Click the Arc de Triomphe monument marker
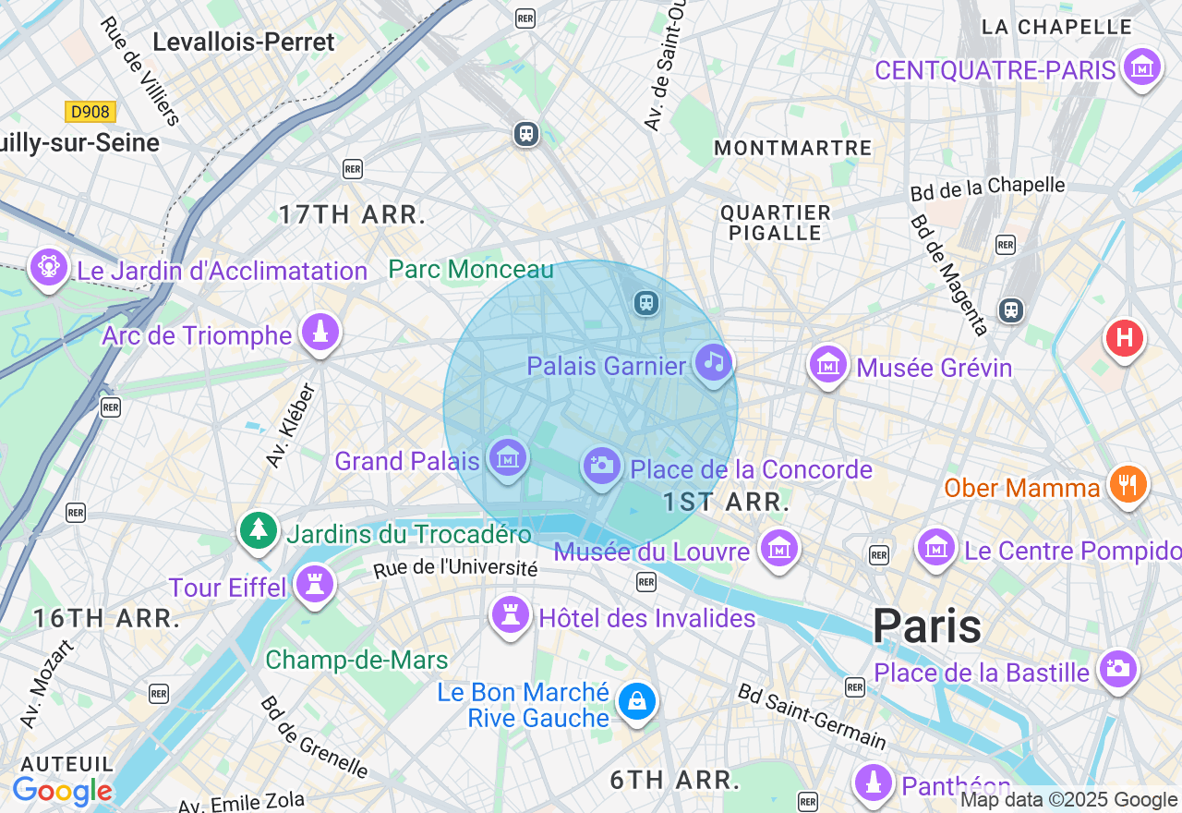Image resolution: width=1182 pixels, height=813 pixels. (320, 333)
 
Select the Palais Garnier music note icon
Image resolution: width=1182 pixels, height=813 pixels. (714, 362)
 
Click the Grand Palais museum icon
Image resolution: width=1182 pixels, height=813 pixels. (508, 457)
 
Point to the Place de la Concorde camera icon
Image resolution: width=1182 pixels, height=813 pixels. (601, 466)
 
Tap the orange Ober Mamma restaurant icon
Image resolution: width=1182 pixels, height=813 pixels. (1127, 483)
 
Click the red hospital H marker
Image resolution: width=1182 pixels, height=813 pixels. (1124, 338)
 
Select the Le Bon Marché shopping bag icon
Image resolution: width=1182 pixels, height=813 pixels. (636, 701)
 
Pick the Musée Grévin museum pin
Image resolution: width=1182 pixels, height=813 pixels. (828, 365)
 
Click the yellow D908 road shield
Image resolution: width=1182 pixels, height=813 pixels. (90, 112)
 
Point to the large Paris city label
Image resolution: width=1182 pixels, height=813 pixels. (926, 626)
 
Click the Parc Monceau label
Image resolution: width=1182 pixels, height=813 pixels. (471, 269)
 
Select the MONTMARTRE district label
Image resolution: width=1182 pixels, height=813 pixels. (792, 148)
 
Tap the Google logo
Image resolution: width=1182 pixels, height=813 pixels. (62, 792)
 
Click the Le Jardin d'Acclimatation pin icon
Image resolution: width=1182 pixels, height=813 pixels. (48, 268)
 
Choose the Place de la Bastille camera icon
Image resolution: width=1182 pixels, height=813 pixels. (1117, 668)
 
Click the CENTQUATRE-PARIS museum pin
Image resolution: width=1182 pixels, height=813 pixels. (1143, 67)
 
